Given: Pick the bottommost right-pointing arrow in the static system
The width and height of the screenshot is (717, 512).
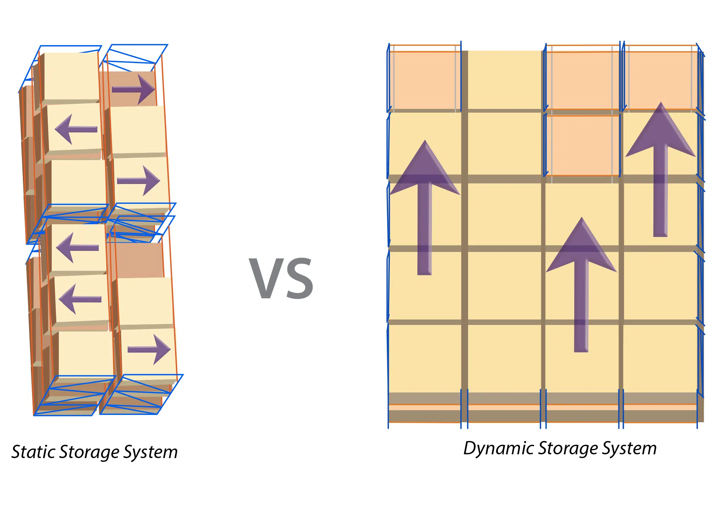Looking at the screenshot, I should pos(149,349).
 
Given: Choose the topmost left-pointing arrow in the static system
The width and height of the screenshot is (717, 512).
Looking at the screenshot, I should pos(76,129).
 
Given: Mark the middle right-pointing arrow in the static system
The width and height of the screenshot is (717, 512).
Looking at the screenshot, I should pos(139,181).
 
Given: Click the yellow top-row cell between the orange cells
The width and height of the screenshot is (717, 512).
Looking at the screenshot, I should pos(505,80).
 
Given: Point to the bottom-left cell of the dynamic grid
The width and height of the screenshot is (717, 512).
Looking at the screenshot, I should pos(424,358).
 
